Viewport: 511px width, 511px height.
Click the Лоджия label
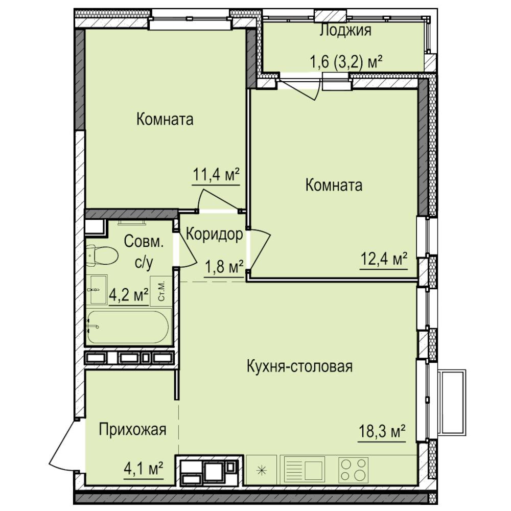click(345, 30)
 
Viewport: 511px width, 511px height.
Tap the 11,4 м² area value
click(216, 175)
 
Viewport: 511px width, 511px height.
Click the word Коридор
click(215, 234)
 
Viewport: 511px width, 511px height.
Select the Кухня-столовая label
click(300, 366)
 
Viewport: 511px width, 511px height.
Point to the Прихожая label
click(133, 430)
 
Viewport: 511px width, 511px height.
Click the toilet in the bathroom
click(102, 255)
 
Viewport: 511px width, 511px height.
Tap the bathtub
click(128, 327)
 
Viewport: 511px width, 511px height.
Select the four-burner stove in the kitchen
click(353, 471)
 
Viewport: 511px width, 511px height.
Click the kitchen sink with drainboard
click(305, 471)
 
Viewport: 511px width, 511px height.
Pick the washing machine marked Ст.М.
click(160, 291)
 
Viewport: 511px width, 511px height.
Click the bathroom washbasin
click(99, 290)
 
